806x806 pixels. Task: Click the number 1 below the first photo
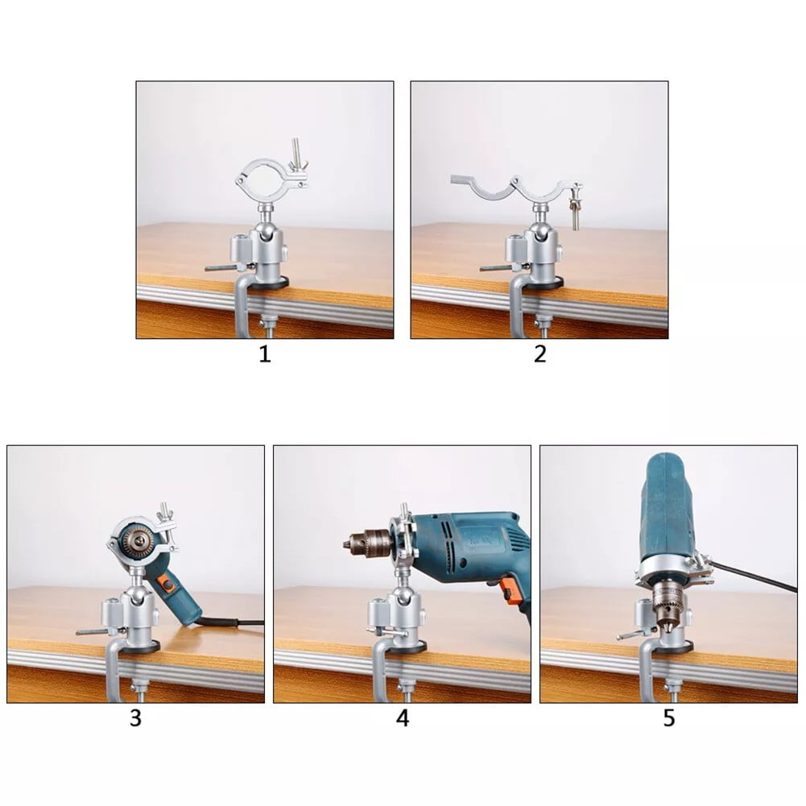coord(265,354)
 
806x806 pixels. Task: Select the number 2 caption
coord(539,354)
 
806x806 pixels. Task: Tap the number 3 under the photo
coord(135,718)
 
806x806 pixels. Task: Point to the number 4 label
coord(403,718)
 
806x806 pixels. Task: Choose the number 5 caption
coord(669,718)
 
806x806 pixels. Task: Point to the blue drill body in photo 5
coord(667,507)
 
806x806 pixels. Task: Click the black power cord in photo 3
coord(234,622)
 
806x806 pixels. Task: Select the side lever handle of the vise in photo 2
coord(497,267)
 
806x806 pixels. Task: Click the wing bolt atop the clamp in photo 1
coord(298,153)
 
